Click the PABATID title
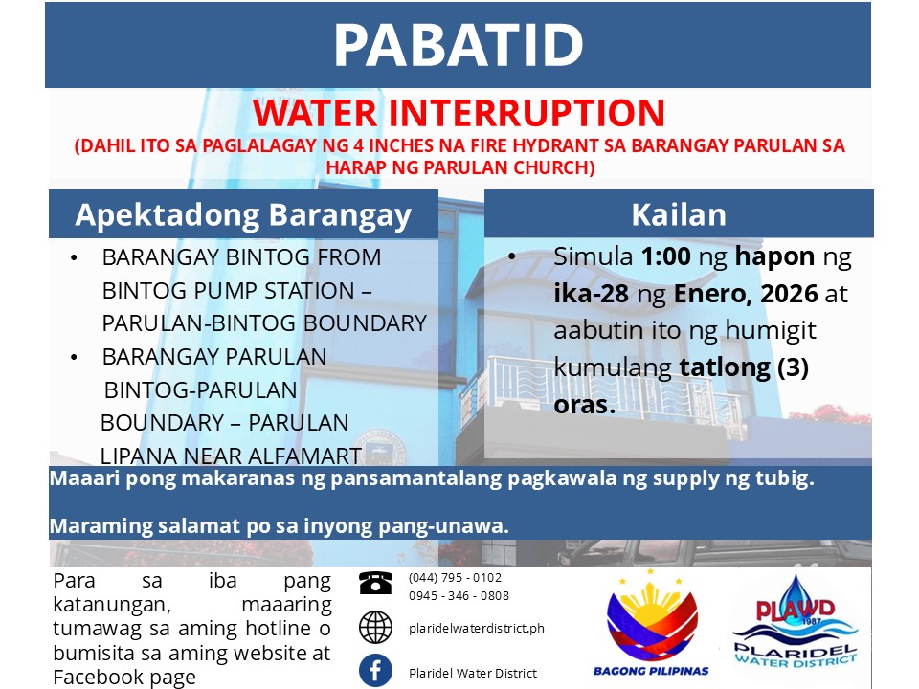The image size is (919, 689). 459,45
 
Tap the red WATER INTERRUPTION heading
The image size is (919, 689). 459,113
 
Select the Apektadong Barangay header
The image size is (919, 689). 243,215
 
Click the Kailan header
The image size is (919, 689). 679,214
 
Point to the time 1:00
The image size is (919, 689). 666,256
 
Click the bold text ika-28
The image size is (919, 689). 592,294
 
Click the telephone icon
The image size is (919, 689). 375,583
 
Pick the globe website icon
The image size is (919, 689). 375,627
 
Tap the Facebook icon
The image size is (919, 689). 375,670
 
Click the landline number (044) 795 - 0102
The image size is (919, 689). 456,578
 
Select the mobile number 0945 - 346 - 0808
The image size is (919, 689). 459,596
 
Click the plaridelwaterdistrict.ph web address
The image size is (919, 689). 477,628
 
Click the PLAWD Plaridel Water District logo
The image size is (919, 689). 796,623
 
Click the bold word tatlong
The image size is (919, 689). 725,367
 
